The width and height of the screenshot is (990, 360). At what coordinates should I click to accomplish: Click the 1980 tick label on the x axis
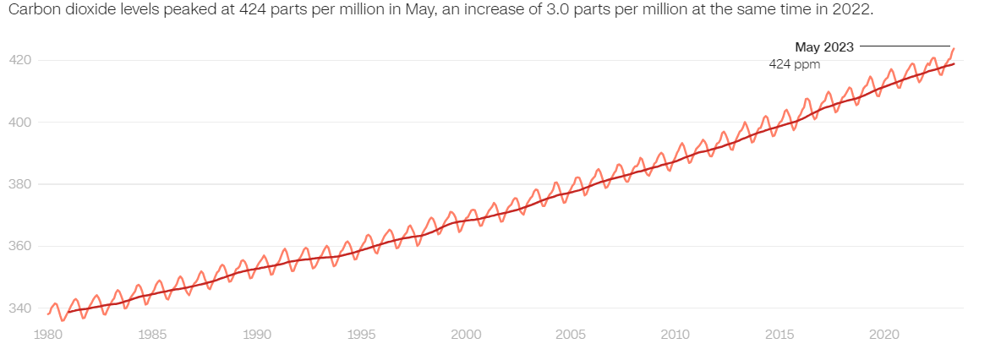(x=47, y=334)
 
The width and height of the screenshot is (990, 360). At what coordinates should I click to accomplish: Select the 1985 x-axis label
(x=152, y=334)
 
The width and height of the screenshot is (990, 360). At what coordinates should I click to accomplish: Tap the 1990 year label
(x=257, y=334)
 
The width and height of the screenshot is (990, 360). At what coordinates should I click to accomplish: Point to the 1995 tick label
(x=362, y=334)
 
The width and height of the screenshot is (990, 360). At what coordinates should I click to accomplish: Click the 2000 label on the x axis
(x=466, y=334)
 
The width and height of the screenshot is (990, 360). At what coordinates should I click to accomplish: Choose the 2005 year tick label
(x=571, y=334)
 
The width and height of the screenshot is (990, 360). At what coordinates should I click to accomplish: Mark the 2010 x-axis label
(x=675, y=334)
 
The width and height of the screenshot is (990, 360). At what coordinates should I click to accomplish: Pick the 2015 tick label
(x=780, y=334)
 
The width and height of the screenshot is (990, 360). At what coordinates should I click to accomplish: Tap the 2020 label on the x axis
(x=884, y=334)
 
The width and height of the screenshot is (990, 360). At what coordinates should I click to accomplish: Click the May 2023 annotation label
(x=824, y=46)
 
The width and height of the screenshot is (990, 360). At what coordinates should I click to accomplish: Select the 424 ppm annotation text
(x=795, y=63)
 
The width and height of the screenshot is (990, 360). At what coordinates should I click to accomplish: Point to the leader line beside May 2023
(x=905, y=46)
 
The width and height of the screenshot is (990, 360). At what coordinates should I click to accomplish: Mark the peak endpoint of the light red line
(x=953, y=48)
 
